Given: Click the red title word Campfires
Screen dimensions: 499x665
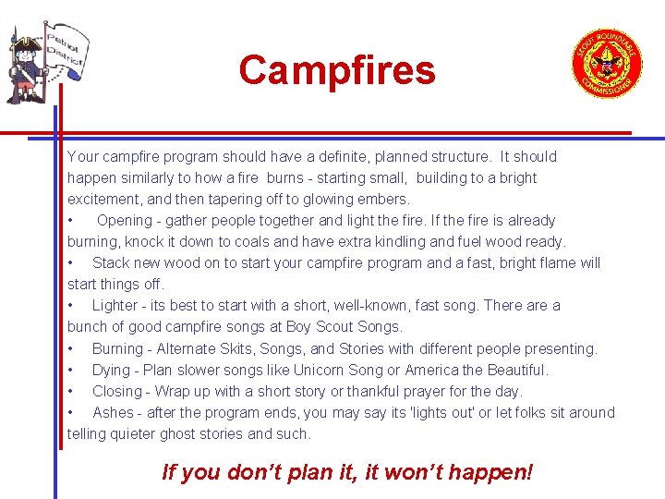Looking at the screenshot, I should pos(337,70).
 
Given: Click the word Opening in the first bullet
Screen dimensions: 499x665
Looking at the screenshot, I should pos(124,221).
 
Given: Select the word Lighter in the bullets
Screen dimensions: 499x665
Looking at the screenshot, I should pos(115,306).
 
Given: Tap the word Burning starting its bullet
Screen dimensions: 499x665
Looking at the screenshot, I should pos(117,349).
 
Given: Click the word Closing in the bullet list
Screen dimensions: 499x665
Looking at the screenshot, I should pos(116,392).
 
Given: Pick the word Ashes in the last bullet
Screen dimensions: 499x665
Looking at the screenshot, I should pos(113,413).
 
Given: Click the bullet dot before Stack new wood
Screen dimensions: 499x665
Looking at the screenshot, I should pos(71,263).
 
